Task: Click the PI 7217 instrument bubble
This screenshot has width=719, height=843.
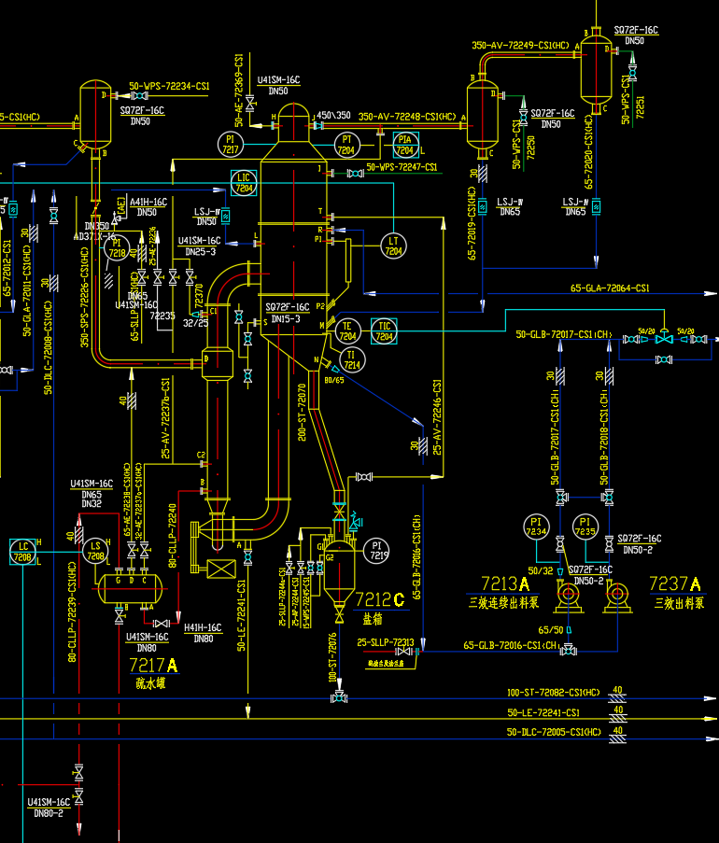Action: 231,144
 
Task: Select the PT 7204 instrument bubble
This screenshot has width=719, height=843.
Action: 345,144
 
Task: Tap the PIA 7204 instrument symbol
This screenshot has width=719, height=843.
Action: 404,144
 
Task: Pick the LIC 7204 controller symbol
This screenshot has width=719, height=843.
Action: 244,182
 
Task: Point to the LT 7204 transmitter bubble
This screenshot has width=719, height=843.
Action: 393,245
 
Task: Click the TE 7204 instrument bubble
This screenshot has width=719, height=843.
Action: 347,330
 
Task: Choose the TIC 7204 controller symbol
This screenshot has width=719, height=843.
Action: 385,330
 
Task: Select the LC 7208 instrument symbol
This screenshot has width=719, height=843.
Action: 21,552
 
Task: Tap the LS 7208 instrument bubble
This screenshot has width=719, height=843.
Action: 94,552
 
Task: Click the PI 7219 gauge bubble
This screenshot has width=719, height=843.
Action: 378,550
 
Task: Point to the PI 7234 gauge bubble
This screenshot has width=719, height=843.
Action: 535,527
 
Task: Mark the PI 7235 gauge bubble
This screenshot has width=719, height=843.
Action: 585,527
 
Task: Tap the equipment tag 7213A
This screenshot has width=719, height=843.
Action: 505,584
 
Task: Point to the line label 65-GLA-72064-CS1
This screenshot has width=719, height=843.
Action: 610,288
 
